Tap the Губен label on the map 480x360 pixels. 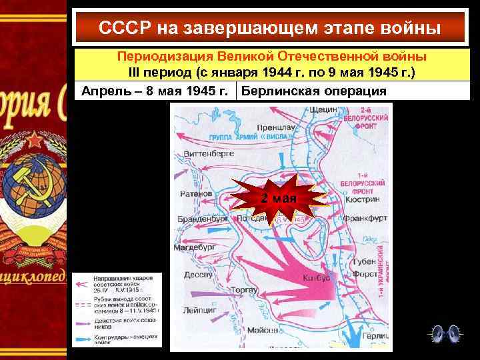pyautogui.click(x=365, y=260)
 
